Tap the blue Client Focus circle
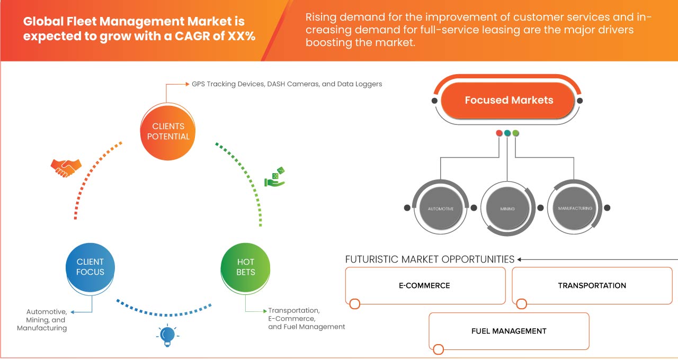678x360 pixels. tap(91, 267)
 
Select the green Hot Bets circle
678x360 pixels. tap(245, 267)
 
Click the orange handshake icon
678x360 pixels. tap(66, 168)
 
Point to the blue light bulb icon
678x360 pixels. tap(167, 335)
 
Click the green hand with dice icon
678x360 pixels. tap(275, 178)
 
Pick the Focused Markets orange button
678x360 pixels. tap(508, 100)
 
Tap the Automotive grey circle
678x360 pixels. tap(441, 209)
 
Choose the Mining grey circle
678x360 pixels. tap(507, 209)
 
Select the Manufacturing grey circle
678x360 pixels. tap(575, 208)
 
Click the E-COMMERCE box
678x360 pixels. tap(425, 286)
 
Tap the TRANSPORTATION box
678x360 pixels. tap(592, 286)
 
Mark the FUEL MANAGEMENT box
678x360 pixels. tap(508, 331)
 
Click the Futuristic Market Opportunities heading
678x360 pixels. tap(430, 259)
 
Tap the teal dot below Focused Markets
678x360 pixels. tap(507, 133)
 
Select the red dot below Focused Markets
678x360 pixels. tap(499, 133)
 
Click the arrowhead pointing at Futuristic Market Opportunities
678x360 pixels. tap(520, 259)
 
